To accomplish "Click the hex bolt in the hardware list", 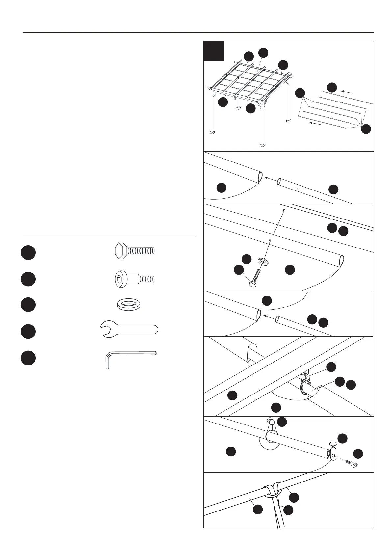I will tap(134, 251).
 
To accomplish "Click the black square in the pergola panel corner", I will tap(214, 51).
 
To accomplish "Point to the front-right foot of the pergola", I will tap(262, 144).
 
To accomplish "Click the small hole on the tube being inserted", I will tap(298, 189).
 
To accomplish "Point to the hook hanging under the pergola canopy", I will tap(235, 98).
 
